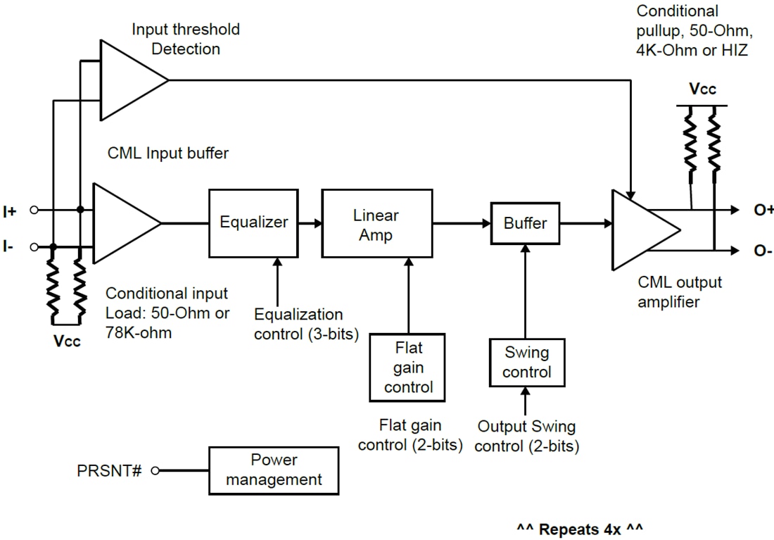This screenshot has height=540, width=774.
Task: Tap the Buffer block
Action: [525, 223]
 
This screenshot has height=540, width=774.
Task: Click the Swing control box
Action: [526, 362]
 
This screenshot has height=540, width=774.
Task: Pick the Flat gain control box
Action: [408, 367]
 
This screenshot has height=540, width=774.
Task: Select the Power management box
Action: [274, 470]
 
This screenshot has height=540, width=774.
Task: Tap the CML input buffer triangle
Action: [122, 223]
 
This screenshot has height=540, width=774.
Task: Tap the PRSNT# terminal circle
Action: [155, 470]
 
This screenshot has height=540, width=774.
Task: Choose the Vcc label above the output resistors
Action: [702, 89]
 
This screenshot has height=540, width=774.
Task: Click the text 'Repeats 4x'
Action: [580, 528]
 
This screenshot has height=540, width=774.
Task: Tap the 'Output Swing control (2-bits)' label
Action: [526, 436]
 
